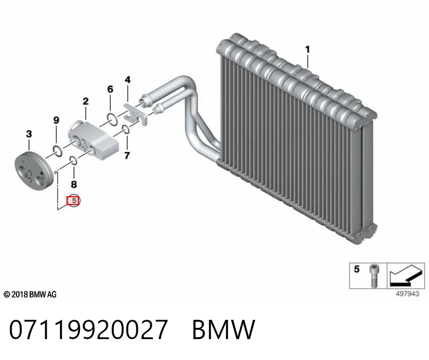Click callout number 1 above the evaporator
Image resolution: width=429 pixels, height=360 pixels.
[307, 49]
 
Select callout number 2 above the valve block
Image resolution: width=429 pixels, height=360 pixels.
[86, 101]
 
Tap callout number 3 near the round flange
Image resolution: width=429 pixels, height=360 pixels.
[29, 134]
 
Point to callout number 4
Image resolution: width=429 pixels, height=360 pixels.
[128, 80]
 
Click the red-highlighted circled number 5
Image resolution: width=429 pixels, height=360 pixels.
[74, 201]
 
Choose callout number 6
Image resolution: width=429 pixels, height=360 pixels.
[110, 89]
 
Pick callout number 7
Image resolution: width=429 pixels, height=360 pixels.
[127, 155]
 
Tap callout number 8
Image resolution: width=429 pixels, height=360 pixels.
[74, 184]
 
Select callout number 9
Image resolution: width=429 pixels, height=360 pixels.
[56, 121]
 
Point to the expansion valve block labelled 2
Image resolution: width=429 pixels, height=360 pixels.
[93, 140]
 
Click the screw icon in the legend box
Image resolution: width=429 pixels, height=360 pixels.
[374, 275]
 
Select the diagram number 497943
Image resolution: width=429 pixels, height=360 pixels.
[408, 294]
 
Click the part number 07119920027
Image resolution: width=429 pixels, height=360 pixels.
[88, 329]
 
